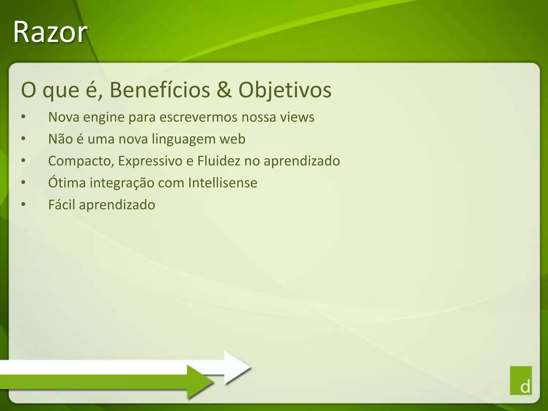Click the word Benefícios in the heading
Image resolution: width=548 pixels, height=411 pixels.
click(x=160, y=90)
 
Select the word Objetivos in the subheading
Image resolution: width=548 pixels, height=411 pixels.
click(x=285, y=90)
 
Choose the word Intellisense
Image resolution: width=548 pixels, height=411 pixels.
click(x=223, y=183)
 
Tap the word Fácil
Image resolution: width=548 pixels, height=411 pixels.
click(x=62, y=205)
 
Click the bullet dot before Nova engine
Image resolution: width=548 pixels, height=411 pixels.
click(x=23, y=117)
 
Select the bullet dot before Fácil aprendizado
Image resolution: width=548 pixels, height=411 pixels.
click(x=23, y=205)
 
